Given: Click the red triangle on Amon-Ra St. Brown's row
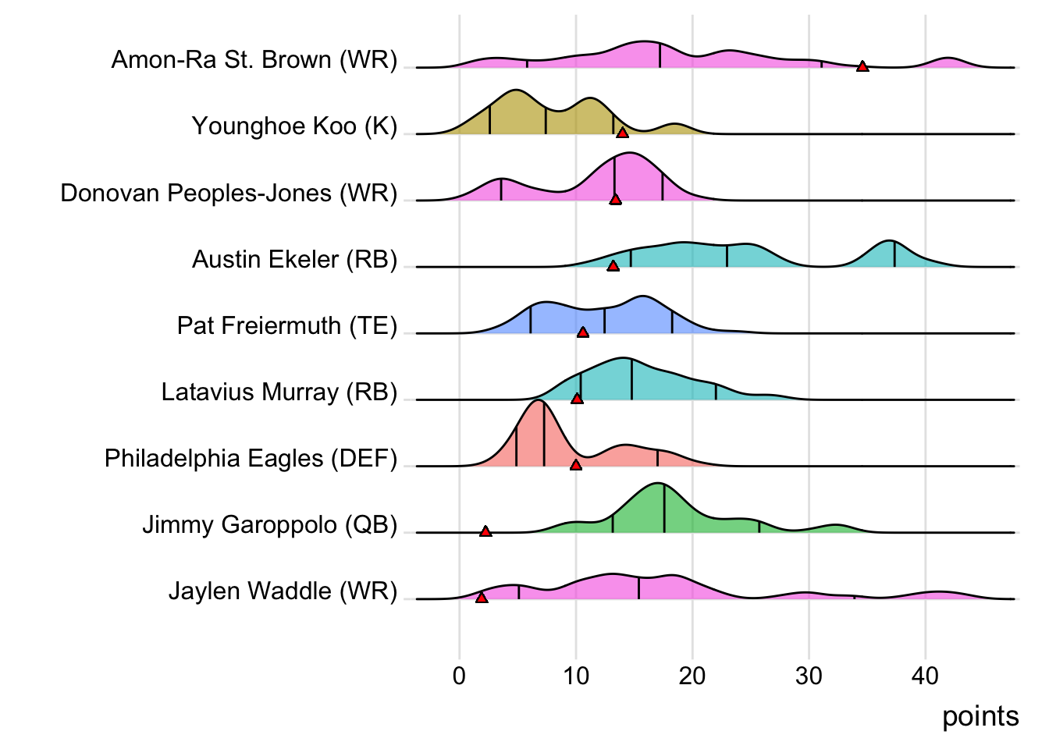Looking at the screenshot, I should click(x=862, y=66).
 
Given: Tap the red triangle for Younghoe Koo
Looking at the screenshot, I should click(x=622, y=133).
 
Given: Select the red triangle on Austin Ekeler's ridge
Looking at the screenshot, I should click(x=613, y=266).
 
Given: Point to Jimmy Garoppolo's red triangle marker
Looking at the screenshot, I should click(x=485, y=531).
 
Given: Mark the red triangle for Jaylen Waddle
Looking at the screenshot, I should click(x=482, y=598).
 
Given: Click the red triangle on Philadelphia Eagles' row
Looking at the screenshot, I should click(x=576, y=465).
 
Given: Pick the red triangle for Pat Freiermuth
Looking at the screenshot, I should click(x=583, y=332).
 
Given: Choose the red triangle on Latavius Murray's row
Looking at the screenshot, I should click(x=577, y=399).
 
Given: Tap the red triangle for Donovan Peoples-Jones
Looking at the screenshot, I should click(x=616, y=200).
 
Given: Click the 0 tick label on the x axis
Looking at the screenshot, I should click(x=459, y=676).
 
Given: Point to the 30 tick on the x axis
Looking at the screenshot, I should click(x=809, y=676).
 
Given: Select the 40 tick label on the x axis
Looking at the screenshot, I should click(x=925, y=676).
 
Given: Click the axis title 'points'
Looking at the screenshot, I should click(x=980, y=716).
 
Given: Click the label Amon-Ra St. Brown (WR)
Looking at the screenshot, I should click(x=254, y=60).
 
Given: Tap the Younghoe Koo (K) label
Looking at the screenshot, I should click(x=294, y=126).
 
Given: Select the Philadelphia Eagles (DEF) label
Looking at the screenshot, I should click(x=251, y=458).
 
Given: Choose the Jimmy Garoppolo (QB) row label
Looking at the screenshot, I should click(x=269, y=524).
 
